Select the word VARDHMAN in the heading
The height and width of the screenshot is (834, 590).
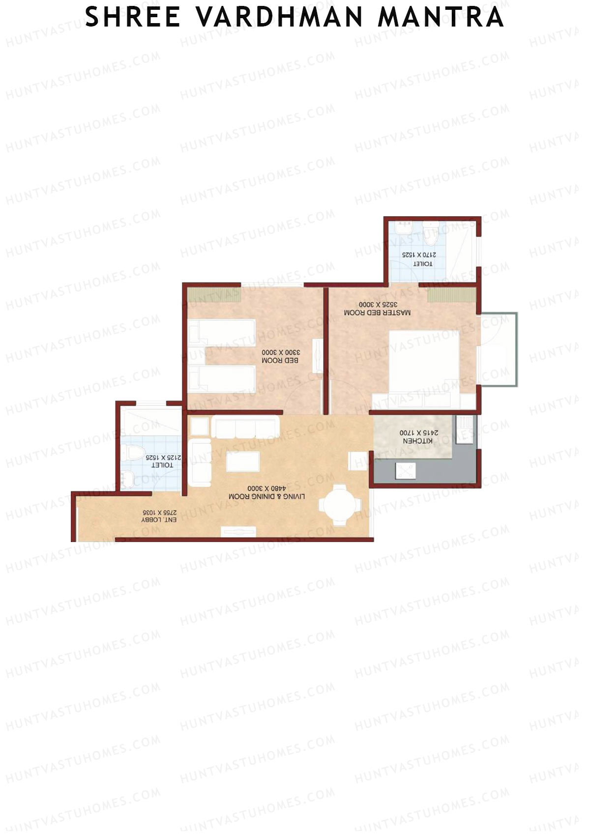(x=281, y=17)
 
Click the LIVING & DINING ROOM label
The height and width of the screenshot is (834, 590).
(x=267, y=497)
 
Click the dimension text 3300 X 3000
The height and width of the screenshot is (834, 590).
(x=280, y=352)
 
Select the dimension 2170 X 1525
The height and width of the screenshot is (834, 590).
(x=419, y=255)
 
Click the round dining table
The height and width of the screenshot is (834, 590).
(x=340, y=504)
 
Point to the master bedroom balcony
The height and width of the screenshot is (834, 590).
(x=499, y=349)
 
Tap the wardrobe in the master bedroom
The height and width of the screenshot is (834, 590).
(x=452, y=295)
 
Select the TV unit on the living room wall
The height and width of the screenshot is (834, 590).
(x=238, y=531)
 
